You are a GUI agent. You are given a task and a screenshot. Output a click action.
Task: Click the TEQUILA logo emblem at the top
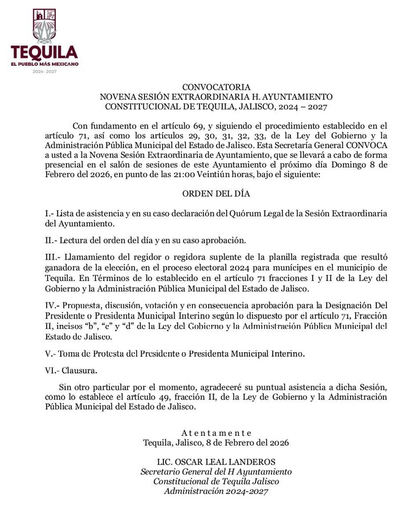tap(44, 25)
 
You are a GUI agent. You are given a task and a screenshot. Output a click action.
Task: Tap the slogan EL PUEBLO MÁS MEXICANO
tap(44, 64)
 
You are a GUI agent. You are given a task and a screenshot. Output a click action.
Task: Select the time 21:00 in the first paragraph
tap(163, 175)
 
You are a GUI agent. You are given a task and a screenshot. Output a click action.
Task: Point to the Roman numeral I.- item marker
tap(50, 213)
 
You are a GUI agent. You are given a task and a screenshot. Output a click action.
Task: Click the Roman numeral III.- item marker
tap(53, 256)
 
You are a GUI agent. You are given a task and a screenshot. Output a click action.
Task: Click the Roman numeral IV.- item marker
tap(53, 305)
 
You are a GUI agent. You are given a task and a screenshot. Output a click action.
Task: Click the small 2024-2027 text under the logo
tap(44, 72)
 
